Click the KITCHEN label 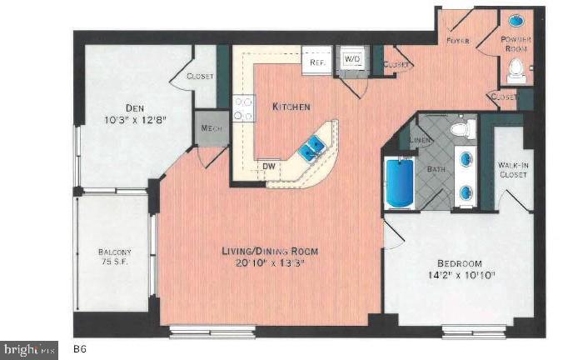coord(291,107)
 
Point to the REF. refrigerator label coord(316,62)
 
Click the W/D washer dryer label coord(352,60)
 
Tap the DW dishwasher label coord(269,166)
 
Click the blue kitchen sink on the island coord(313,147)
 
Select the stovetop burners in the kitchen coord(244,109)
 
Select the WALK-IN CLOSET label coord(514,170)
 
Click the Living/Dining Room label coord(271,252)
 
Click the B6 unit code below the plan coord(81,348)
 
